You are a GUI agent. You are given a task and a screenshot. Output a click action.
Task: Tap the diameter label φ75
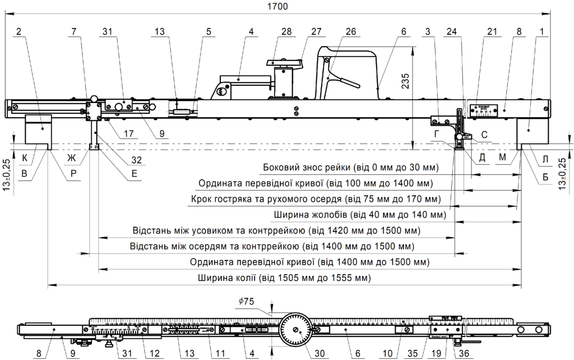[x=246, y=302]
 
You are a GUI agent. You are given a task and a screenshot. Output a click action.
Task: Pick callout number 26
[x=350, y=33]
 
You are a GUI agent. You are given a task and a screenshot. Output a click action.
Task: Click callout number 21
[x=492, y=33]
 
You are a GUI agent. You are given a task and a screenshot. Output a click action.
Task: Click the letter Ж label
[x=71, y=159]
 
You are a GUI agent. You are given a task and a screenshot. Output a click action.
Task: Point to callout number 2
[x=19, y=33]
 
